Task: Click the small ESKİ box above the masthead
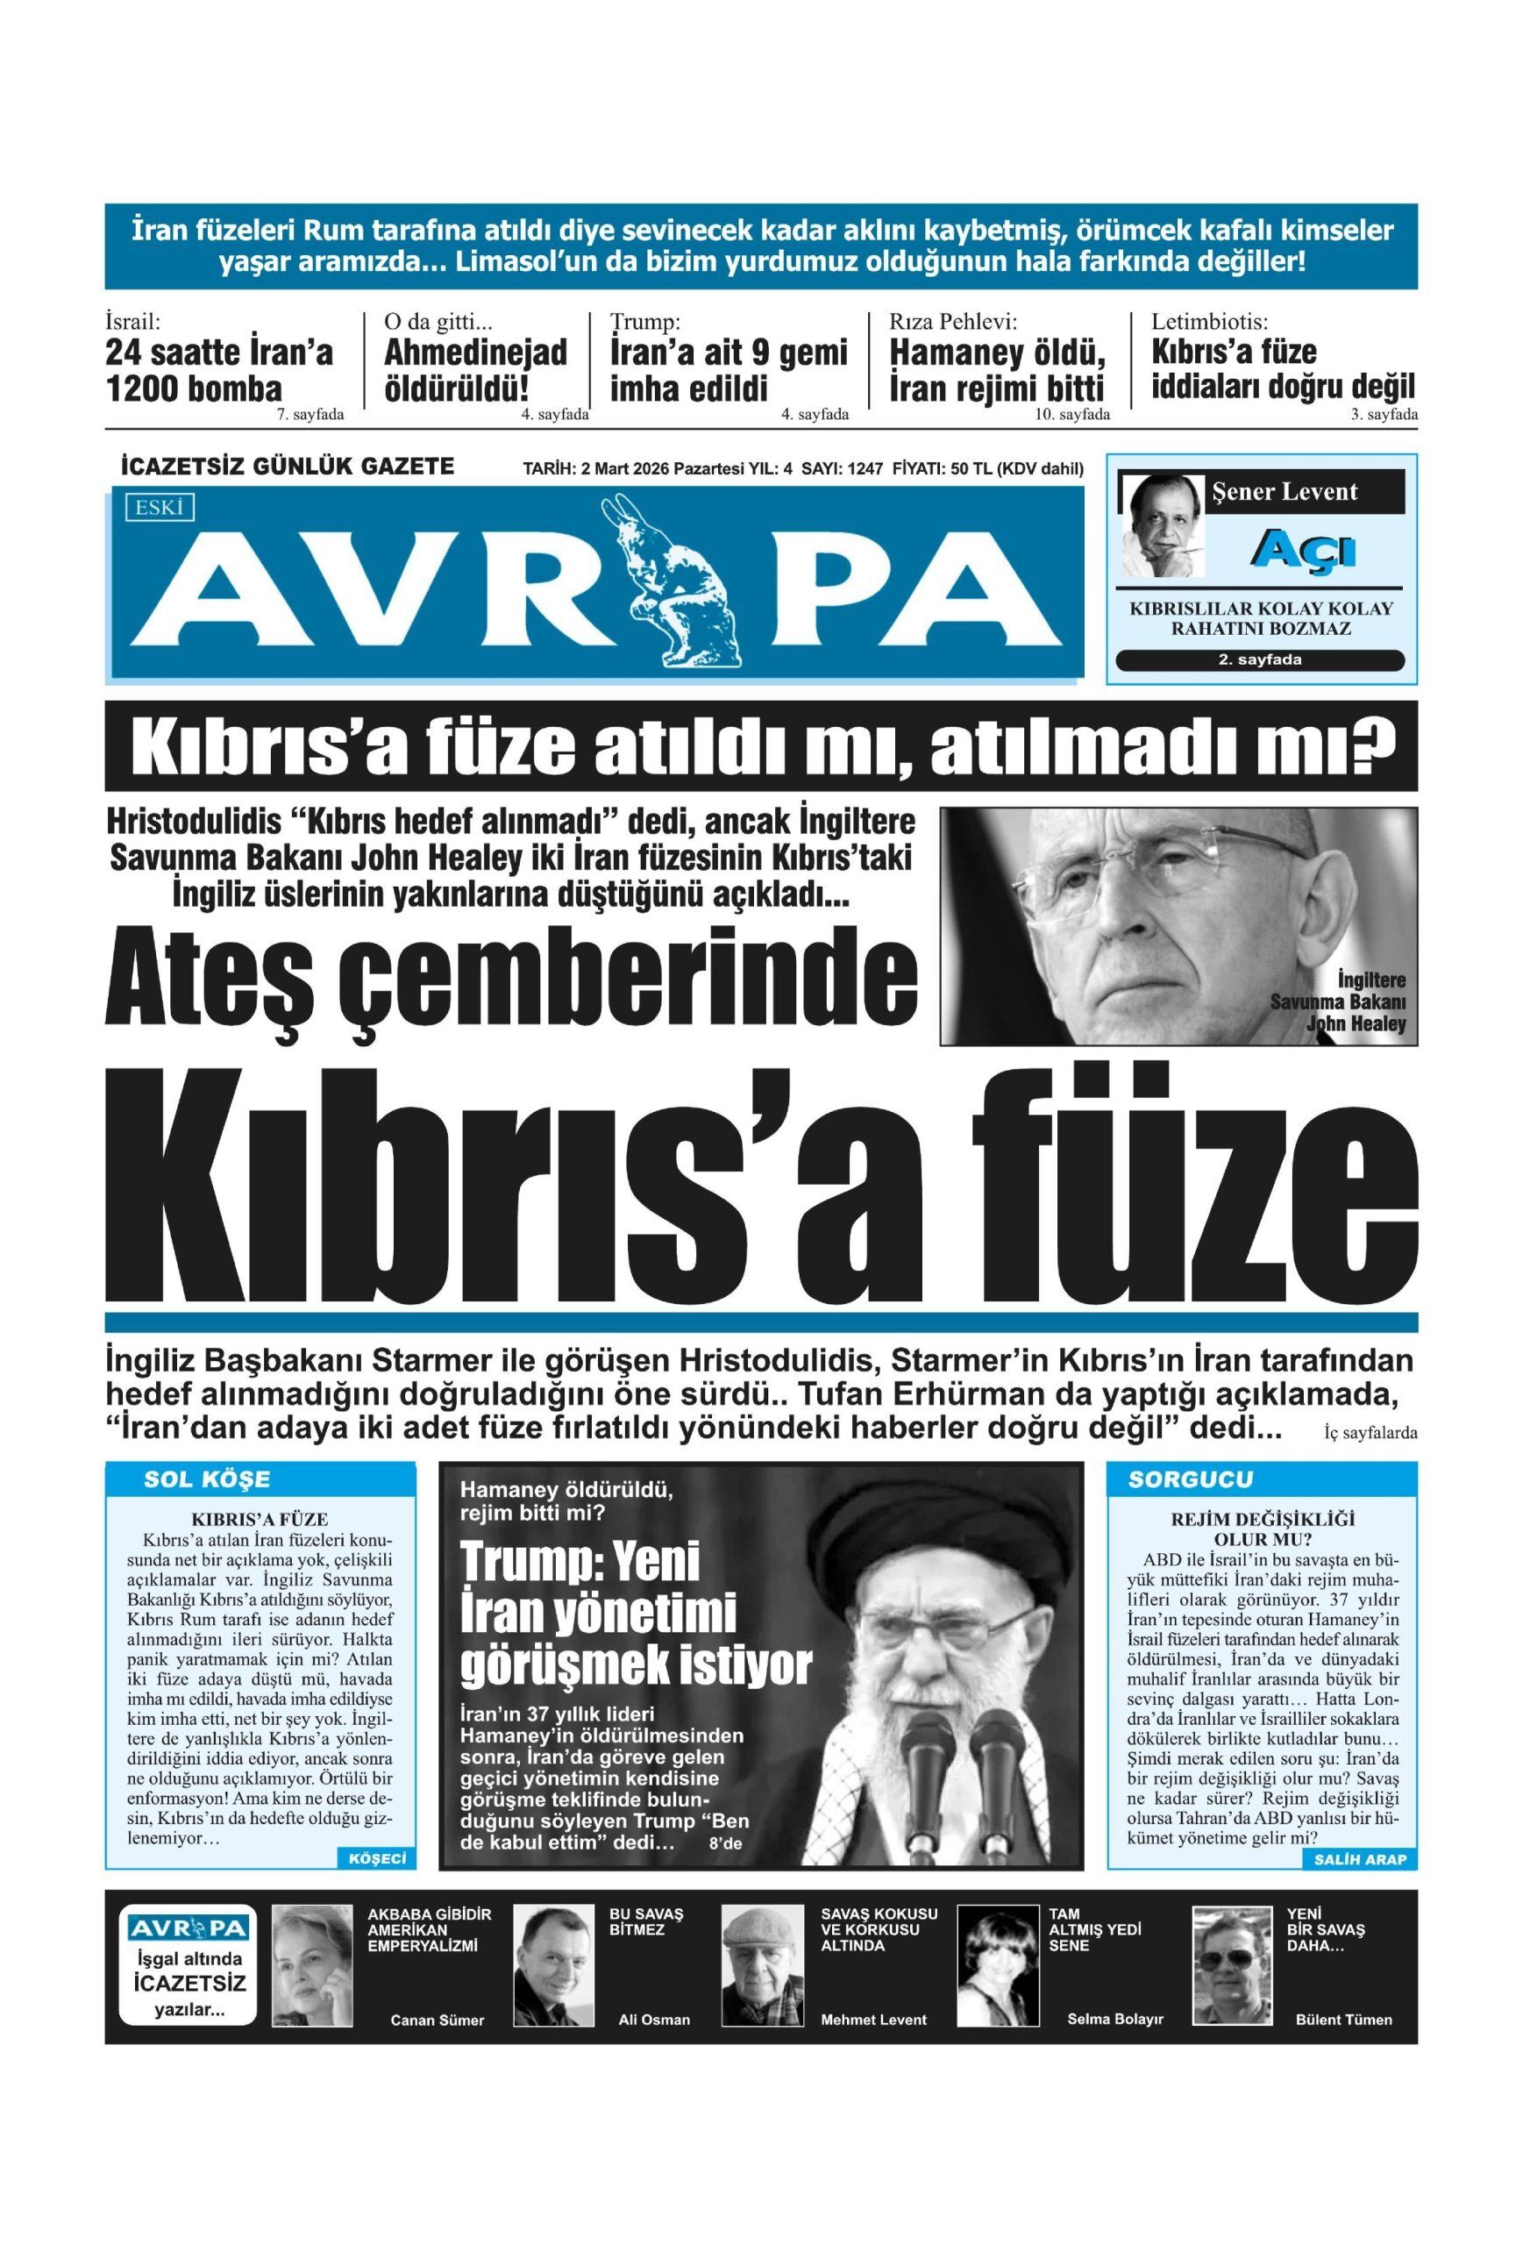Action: (160, 507)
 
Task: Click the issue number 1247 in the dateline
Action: (865, 468)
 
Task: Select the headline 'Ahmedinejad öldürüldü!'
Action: (475, 370)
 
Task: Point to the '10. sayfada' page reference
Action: (1072, 415)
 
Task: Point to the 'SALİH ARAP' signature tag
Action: (1359, 1859)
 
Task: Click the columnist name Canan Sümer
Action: (437, 2019)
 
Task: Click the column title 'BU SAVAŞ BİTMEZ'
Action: (645, 1922)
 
